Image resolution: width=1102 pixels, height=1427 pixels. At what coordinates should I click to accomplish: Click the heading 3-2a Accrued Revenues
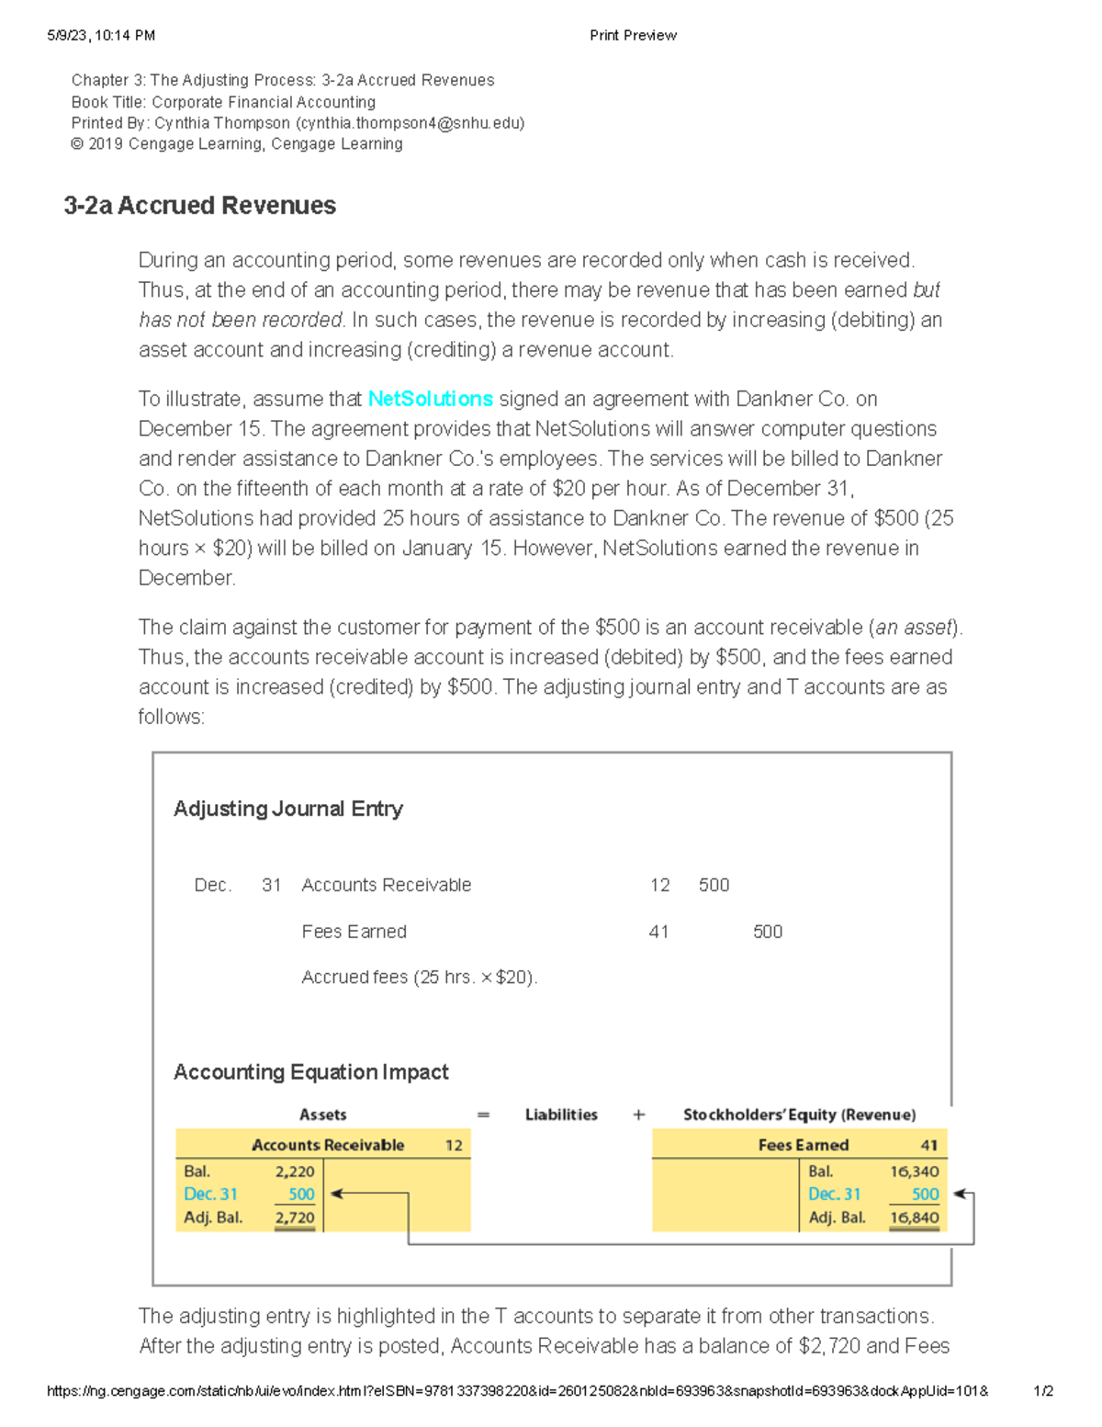[199, 206]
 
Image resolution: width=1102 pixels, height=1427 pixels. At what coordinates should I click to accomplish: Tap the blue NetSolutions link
[430, 399]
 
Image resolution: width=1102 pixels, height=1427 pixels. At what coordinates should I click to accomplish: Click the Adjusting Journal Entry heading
[287, 809]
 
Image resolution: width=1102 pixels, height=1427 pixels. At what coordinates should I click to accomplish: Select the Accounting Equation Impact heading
[310, 1072]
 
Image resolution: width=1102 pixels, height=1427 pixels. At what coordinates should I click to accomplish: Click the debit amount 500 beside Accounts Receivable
[714, 885]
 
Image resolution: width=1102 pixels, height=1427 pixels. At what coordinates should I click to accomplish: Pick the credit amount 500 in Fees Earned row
[767, 932]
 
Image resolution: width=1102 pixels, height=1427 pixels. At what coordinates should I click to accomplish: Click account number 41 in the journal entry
[658, 932]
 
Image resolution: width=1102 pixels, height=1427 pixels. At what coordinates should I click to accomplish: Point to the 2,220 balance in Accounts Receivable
[294, 1172]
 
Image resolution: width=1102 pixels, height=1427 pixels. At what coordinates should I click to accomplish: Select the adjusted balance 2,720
[294, 1217]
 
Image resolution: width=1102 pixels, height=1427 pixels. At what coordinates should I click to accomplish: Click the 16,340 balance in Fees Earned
[914, 1172]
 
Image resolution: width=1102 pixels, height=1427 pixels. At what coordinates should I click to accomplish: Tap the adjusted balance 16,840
[914, 1217]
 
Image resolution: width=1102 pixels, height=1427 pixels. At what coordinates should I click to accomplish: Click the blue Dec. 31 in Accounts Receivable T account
[210, 1195]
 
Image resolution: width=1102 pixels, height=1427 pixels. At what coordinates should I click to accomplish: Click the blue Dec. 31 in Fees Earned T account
[834, 1195]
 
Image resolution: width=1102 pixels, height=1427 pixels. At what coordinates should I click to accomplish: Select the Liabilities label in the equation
[561, 1115]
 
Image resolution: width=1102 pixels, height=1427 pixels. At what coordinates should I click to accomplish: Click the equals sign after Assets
[483, 1115]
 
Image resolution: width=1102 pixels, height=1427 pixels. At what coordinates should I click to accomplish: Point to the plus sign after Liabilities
[639, 1115]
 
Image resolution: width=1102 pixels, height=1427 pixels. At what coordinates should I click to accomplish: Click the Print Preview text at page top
[633, 36]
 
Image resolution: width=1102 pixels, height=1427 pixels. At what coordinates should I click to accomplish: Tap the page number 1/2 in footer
[1043, 1391]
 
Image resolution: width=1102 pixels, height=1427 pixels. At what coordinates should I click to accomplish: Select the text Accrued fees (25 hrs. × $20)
[419, 978]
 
